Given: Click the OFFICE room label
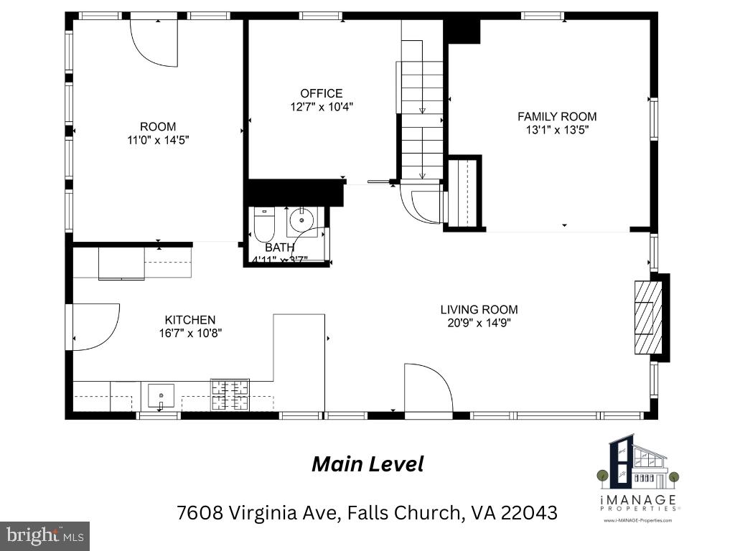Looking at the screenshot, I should pyautogui.click(x=321, y=93).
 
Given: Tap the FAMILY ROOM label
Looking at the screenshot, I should pyautogui.click(x=557, y=116).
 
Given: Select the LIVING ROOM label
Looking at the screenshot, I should pyautogui.click(x=479, y=310).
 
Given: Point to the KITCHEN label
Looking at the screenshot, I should pyautogui.click(x=190, y=320).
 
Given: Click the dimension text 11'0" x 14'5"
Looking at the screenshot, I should pyautogui.click(x=158, y=141).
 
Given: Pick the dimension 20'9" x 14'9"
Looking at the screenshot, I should pyautogui.click(x=479, y=323).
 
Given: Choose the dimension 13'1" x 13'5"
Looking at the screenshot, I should pyautogui.click(x=557, y=130).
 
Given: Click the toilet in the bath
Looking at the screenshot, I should pyautogui.click(x=264, y=225).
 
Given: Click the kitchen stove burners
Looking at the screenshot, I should pyautogui.click(x=230, y=394).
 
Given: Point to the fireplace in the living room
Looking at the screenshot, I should pyautogui.click(x=647, y=316).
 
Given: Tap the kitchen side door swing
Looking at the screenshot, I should pyautogui.click(x=93, y=326).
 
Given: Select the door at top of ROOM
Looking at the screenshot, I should pyautogui.click(x=154, y=42).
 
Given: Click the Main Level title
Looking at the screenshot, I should pyautogui.click(x=367, y=464).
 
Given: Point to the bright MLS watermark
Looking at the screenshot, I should pyautogui.click(x=45, y=535).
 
